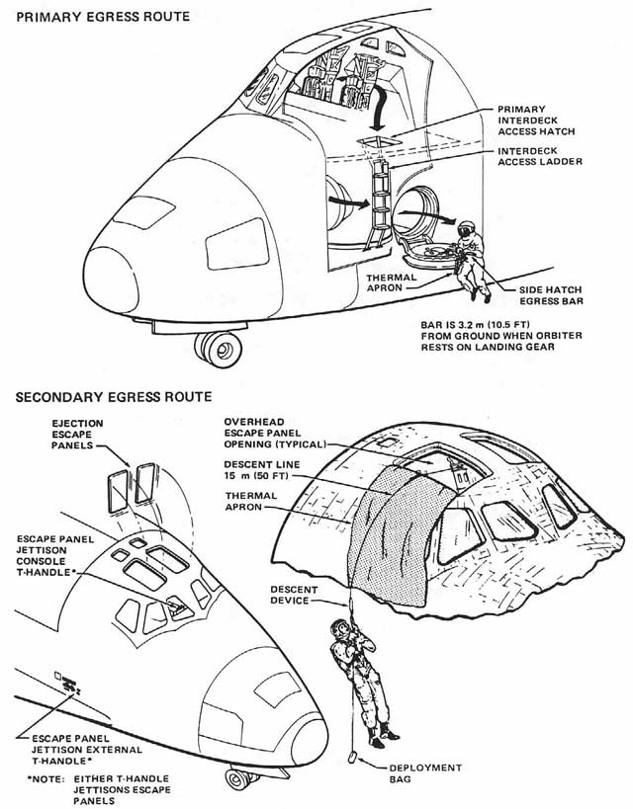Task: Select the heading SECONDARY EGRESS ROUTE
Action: [x=113, y=397]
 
